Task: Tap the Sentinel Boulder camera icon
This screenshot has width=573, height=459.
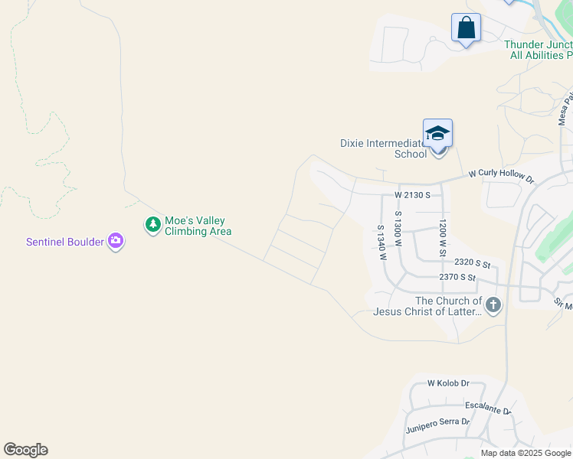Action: coord(116,242)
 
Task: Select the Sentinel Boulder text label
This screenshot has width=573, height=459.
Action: coord(65,242)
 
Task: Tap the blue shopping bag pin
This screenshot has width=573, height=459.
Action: coord(466,29)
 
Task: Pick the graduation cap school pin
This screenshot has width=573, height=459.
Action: coord(437,133)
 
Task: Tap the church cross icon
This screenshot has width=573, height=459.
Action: coord(493,306)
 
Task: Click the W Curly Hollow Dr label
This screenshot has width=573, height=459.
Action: coord(500,176)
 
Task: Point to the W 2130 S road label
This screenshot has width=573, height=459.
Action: coord(413,195)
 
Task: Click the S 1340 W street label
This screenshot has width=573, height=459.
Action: coord(381,242)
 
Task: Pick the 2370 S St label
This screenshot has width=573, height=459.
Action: coord(459,278)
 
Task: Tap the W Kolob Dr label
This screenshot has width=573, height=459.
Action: coord(448,382)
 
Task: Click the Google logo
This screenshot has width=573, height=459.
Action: coord(25,450)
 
